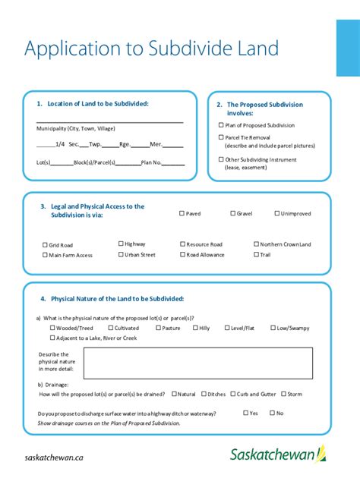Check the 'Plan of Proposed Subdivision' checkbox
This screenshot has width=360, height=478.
[x=221, y=125]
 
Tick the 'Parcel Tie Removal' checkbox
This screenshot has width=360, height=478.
[x=221, y=137]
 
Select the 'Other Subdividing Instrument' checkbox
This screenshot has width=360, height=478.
[x=221, y=159]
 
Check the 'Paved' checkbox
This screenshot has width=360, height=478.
[x=182, y=213]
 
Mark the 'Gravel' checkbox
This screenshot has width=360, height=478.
[x=231, y=213]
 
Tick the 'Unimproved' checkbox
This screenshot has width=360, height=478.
[x=277, y=213]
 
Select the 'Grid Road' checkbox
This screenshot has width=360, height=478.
[x=46, y=245]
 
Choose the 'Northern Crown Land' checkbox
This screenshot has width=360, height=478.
[x=256, y=244]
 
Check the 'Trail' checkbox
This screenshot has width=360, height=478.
[x=256, y=255]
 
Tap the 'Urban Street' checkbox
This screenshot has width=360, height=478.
[x=121, y=255]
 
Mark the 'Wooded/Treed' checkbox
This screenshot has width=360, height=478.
[x=52, y=328]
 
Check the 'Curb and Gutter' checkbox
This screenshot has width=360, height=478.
[x=232, y=394]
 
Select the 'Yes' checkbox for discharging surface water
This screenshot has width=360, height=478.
[x=245, y=413]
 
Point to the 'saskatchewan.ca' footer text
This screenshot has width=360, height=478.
[x=54, y=458]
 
